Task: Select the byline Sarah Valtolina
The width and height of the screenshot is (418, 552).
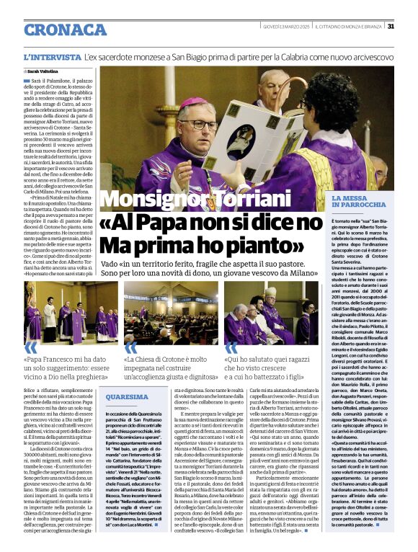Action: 43,72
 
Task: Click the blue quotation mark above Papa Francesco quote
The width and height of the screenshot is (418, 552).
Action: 31,350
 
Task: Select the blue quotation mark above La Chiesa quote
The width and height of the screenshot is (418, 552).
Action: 130,350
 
